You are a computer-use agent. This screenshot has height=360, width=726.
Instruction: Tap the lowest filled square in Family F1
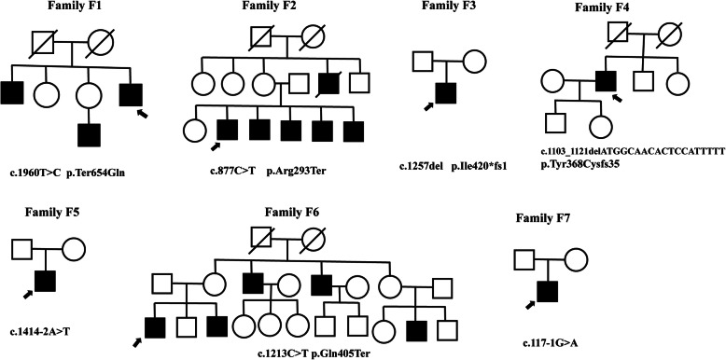[x=91, y=130]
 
